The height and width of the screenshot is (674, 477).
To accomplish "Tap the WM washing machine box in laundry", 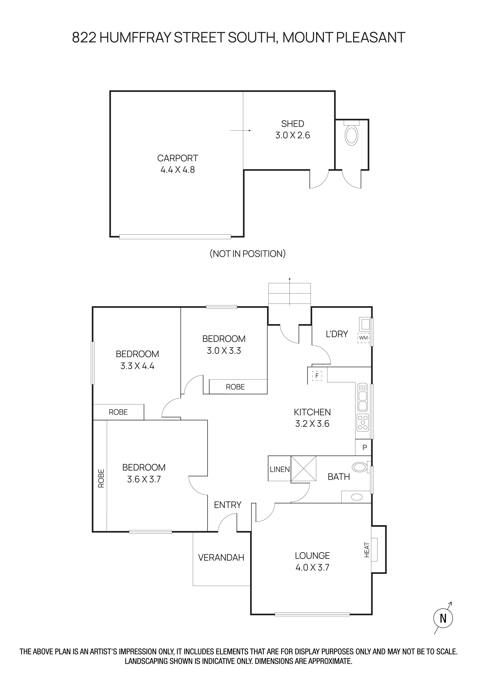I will click(x=363, y=338).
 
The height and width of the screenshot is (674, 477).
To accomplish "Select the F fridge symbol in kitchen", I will click(x=317, y=376).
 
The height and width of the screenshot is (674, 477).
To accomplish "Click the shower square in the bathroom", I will click(x=303, y=468).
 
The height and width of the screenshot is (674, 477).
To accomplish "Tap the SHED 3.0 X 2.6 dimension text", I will click(x=293, y=135).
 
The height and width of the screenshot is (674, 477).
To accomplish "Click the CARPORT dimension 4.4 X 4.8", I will click(x=177, y=170).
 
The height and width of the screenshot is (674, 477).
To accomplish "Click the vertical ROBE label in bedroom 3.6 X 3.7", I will click(x=101, y=478).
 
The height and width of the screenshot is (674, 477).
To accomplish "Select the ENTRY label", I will click(x=228, y=505).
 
